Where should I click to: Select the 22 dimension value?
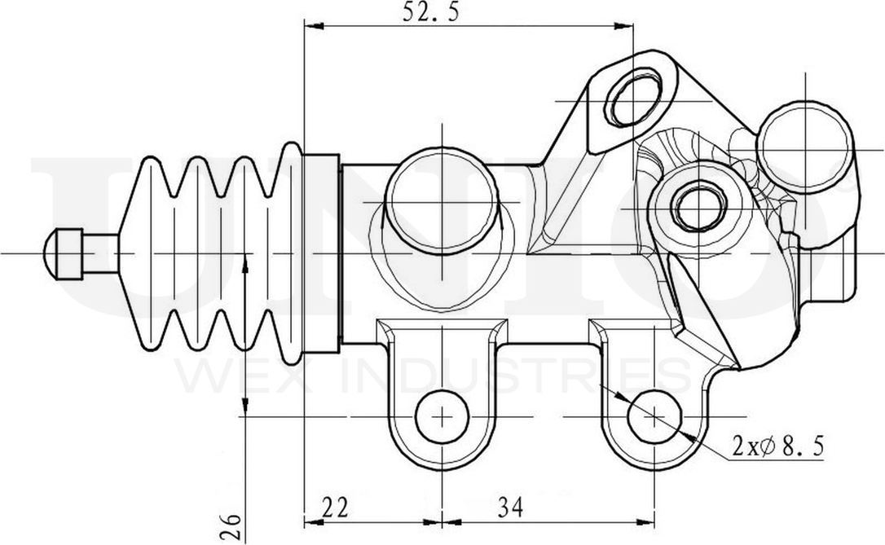click(335, 508)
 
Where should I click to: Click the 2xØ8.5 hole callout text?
click(778, 446)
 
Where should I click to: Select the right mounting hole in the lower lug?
click(654, 416)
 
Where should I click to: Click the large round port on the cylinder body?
click(441, 200)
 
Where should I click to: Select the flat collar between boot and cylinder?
click(321, 254)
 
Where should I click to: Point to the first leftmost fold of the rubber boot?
click(151, 254)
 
